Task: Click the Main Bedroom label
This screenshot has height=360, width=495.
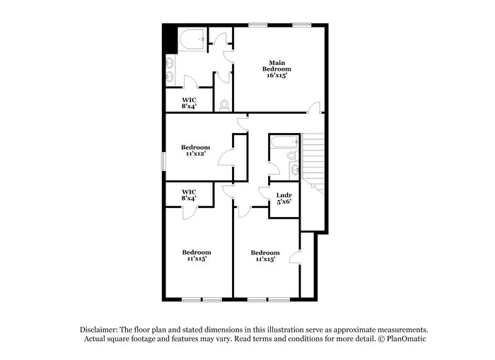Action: (276, 66)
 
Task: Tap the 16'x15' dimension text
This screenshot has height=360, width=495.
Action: (277, 76)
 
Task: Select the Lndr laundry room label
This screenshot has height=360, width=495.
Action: (284, 195)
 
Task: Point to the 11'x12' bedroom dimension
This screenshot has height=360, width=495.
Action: (196, 153)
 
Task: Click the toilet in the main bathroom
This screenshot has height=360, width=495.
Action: (224, 105)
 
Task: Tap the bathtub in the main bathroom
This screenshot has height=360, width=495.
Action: (192, 40)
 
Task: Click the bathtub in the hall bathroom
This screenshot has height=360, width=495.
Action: (285, 141)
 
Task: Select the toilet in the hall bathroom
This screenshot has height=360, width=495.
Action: (292, 155)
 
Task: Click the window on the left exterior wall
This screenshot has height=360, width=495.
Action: (163, 161)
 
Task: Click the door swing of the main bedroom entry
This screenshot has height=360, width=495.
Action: (313, 107)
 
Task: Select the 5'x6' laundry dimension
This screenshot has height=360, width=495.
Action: (284, 202)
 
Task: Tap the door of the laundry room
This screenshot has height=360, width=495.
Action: (264, 192)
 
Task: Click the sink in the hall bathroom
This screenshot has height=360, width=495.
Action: (295, 169)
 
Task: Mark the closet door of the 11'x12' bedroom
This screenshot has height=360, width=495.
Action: (225, 157)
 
